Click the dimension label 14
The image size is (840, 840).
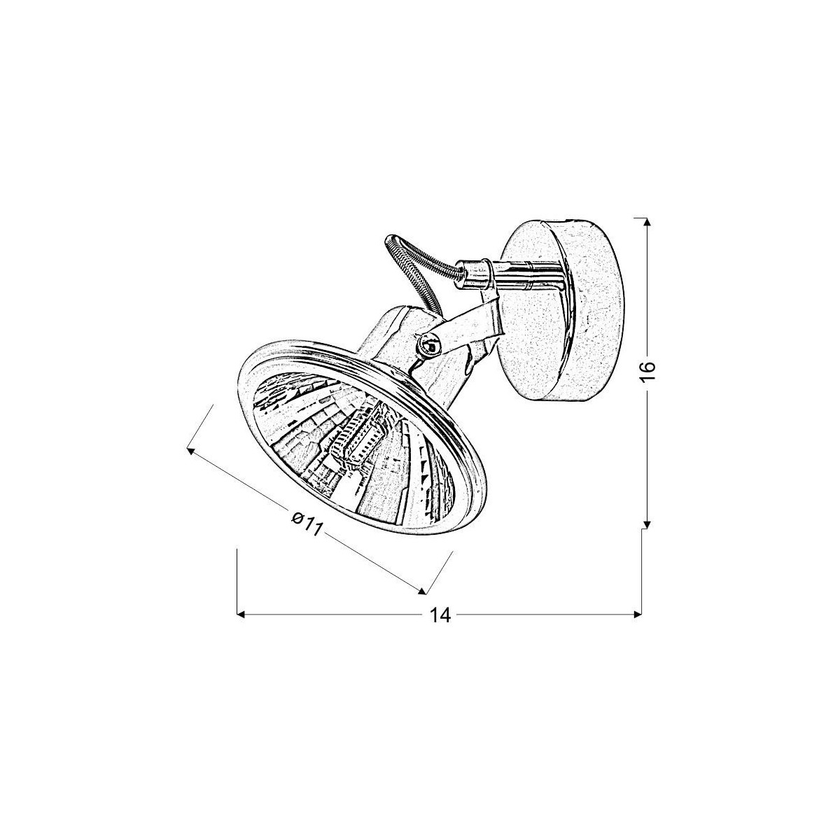point(439,615)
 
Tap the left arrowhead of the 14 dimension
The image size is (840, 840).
point(241,615)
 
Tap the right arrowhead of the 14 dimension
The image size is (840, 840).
point(636,615)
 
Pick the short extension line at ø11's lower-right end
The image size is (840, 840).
point(440,573)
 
